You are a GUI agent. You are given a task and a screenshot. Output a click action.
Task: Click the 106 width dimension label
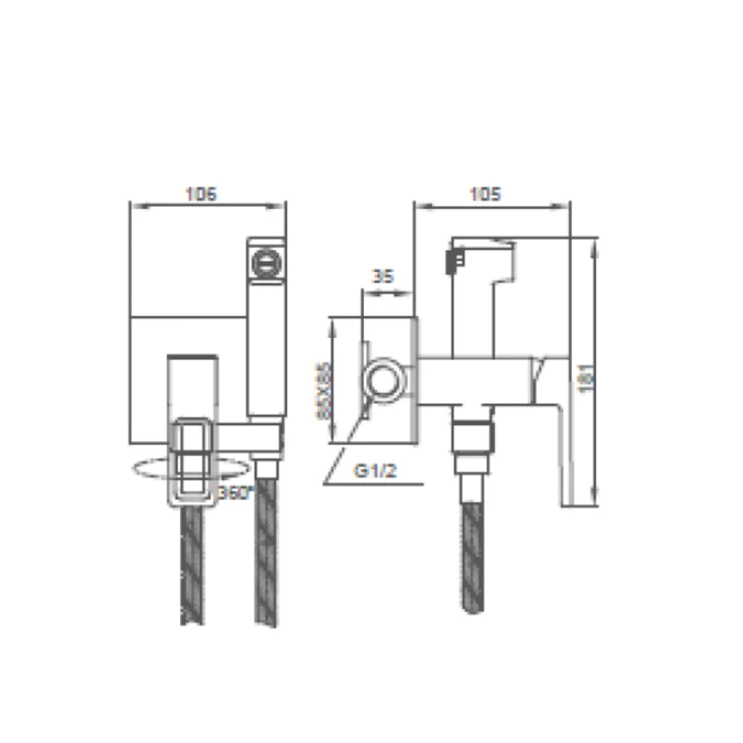pos(201,194)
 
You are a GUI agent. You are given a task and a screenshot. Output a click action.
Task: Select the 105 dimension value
pos(486,194)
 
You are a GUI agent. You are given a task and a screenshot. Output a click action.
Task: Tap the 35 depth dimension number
pos(383,276)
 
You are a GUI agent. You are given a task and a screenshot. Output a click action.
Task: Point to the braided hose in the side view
pos(475,557)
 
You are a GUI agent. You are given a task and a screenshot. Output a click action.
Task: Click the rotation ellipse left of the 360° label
pos(149,471)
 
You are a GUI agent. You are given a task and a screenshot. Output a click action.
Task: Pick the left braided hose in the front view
pos(194,567)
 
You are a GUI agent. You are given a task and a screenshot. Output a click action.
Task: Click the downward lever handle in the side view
pos(554,427)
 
